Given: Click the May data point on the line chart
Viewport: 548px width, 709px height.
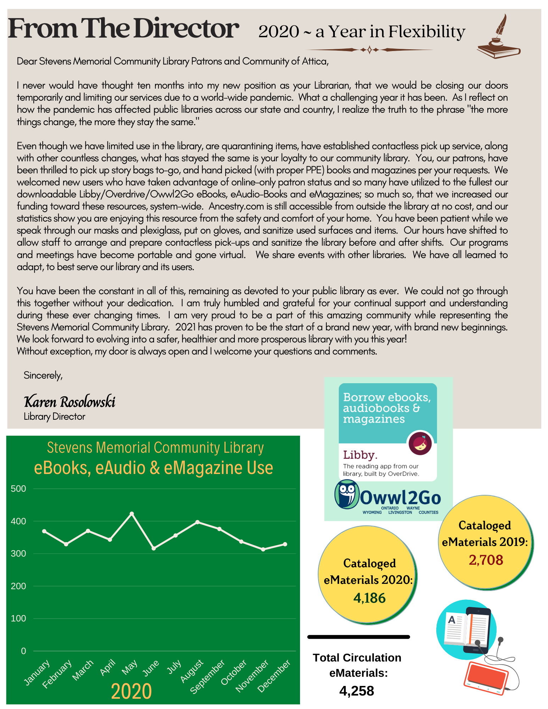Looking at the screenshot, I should click(132, 513).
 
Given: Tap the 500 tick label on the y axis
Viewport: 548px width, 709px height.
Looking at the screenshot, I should click(18, 489).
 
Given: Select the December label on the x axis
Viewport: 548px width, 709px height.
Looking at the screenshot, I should click(274, 676).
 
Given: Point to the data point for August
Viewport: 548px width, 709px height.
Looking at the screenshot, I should click(198, 522).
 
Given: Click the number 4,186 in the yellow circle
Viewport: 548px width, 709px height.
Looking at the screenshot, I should click(369, 598).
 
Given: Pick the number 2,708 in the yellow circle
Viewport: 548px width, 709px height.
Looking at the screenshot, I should click(486, 560).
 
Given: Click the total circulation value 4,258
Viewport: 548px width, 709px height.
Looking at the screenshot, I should click(356, 691).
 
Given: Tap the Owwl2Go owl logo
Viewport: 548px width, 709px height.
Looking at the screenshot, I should click(347, 494).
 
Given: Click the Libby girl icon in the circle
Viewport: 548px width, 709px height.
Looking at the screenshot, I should click(420, 443).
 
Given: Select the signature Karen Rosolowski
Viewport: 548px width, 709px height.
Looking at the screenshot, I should click(70, 402).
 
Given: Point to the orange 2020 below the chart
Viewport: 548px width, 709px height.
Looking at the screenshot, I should click(131, 692).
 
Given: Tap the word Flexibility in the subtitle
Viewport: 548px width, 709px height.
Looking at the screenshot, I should click(426, 32).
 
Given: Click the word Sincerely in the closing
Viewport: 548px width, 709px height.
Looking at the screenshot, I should click(43, 375).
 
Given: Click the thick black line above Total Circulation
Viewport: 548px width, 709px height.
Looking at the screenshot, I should click(359, 637).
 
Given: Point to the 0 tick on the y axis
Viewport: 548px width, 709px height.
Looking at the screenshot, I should click(23, 651).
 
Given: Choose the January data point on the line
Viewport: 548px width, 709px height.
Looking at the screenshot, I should click(44, 531).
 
